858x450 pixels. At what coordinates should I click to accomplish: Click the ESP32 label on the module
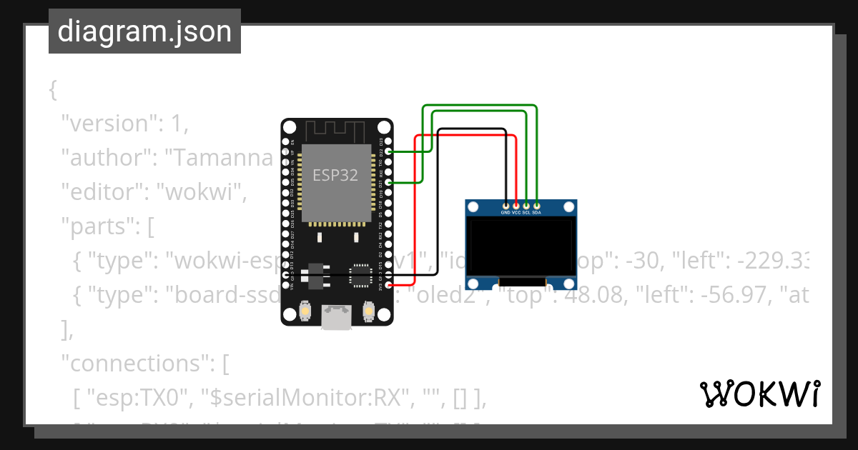(x=335, y=174)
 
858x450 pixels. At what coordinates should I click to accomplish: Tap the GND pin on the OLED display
(x=506, y=206)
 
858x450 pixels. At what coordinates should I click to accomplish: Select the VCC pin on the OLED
(x=516, y=206)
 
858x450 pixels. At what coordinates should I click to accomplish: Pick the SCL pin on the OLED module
(x=526, y=206)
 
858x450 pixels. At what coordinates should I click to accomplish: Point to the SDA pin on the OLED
(x=536, y=206)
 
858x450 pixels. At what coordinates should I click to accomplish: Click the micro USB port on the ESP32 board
(x=337, y=317)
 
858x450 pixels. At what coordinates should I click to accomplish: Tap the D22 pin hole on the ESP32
(x=389, y=151)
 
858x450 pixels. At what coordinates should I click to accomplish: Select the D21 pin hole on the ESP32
(x=389, y=183)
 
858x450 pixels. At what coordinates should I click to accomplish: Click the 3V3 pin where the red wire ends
(x=389, y=286)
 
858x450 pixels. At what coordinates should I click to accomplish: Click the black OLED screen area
(x=521, y=247)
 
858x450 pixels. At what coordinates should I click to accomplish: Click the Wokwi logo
(x=759, y=394)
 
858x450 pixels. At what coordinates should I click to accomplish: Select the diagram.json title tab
(x=144, y=31)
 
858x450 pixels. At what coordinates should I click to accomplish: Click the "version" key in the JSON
(x=114, y=123)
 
